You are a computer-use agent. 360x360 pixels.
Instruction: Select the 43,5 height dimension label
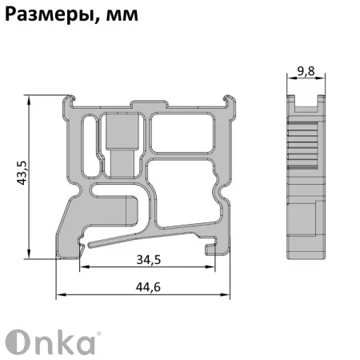(x=22, y=173)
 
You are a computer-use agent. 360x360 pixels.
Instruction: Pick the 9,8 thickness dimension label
(x=305, y=71)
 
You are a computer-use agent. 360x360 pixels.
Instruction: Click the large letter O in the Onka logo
(x=19, y=342)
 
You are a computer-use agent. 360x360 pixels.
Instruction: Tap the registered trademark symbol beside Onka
(x=99, y=332)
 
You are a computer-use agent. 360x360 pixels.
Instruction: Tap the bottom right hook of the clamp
(x=213, y=250)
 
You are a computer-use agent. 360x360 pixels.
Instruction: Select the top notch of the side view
(x=305, y=101)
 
